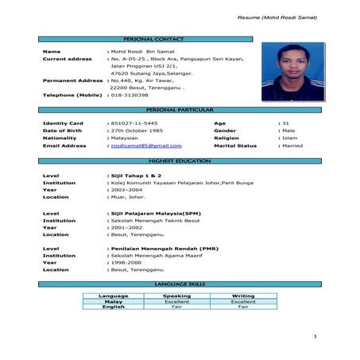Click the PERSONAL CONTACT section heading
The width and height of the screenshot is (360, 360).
179,38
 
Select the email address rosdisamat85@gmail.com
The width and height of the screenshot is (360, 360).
146,146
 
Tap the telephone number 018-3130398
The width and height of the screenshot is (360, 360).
129,95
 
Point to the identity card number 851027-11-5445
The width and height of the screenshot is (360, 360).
134,124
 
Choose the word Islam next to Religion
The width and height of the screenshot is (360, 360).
289,138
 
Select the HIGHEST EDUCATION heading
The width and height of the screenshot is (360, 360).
179,161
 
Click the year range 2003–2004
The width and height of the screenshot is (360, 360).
128,190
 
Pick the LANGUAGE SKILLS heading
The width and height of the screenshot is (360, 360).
179,284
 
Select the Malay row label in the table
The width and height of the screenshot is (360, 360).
113,302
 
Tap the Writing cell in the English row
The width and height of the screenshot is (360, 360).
243,307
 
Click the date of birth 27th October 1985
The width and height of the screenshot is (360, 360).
140,131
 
